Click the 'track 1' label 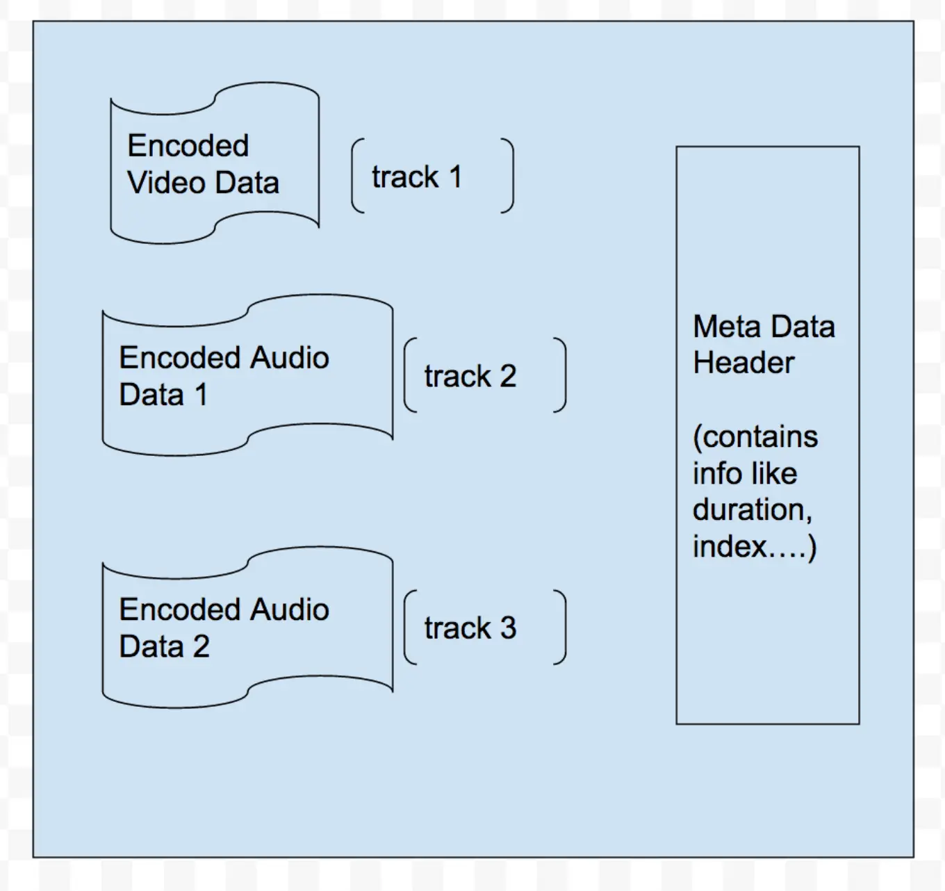417,177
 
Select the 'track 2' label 470,376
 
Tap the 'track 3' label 470,628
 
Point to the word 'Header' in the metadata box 743,363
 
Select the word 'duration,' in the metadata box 753,509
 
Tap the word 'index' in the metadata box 730,546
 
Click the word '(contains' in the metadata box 755,437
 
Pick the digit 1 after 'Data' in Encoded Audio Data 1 202,395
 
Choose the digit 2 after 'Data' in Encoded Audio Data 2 201,646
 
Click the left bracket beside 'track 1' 358,176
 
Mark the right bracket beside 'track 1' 508,176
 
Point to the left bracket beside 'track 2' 411,375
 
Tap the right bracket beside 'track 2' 560,375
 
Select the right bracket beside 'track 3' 560,627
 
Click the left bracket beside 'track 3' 411,627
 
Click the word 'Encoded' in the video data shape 188,145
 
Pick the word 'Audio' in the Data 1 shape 290,358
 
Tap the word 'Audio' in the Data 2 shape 290,610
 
